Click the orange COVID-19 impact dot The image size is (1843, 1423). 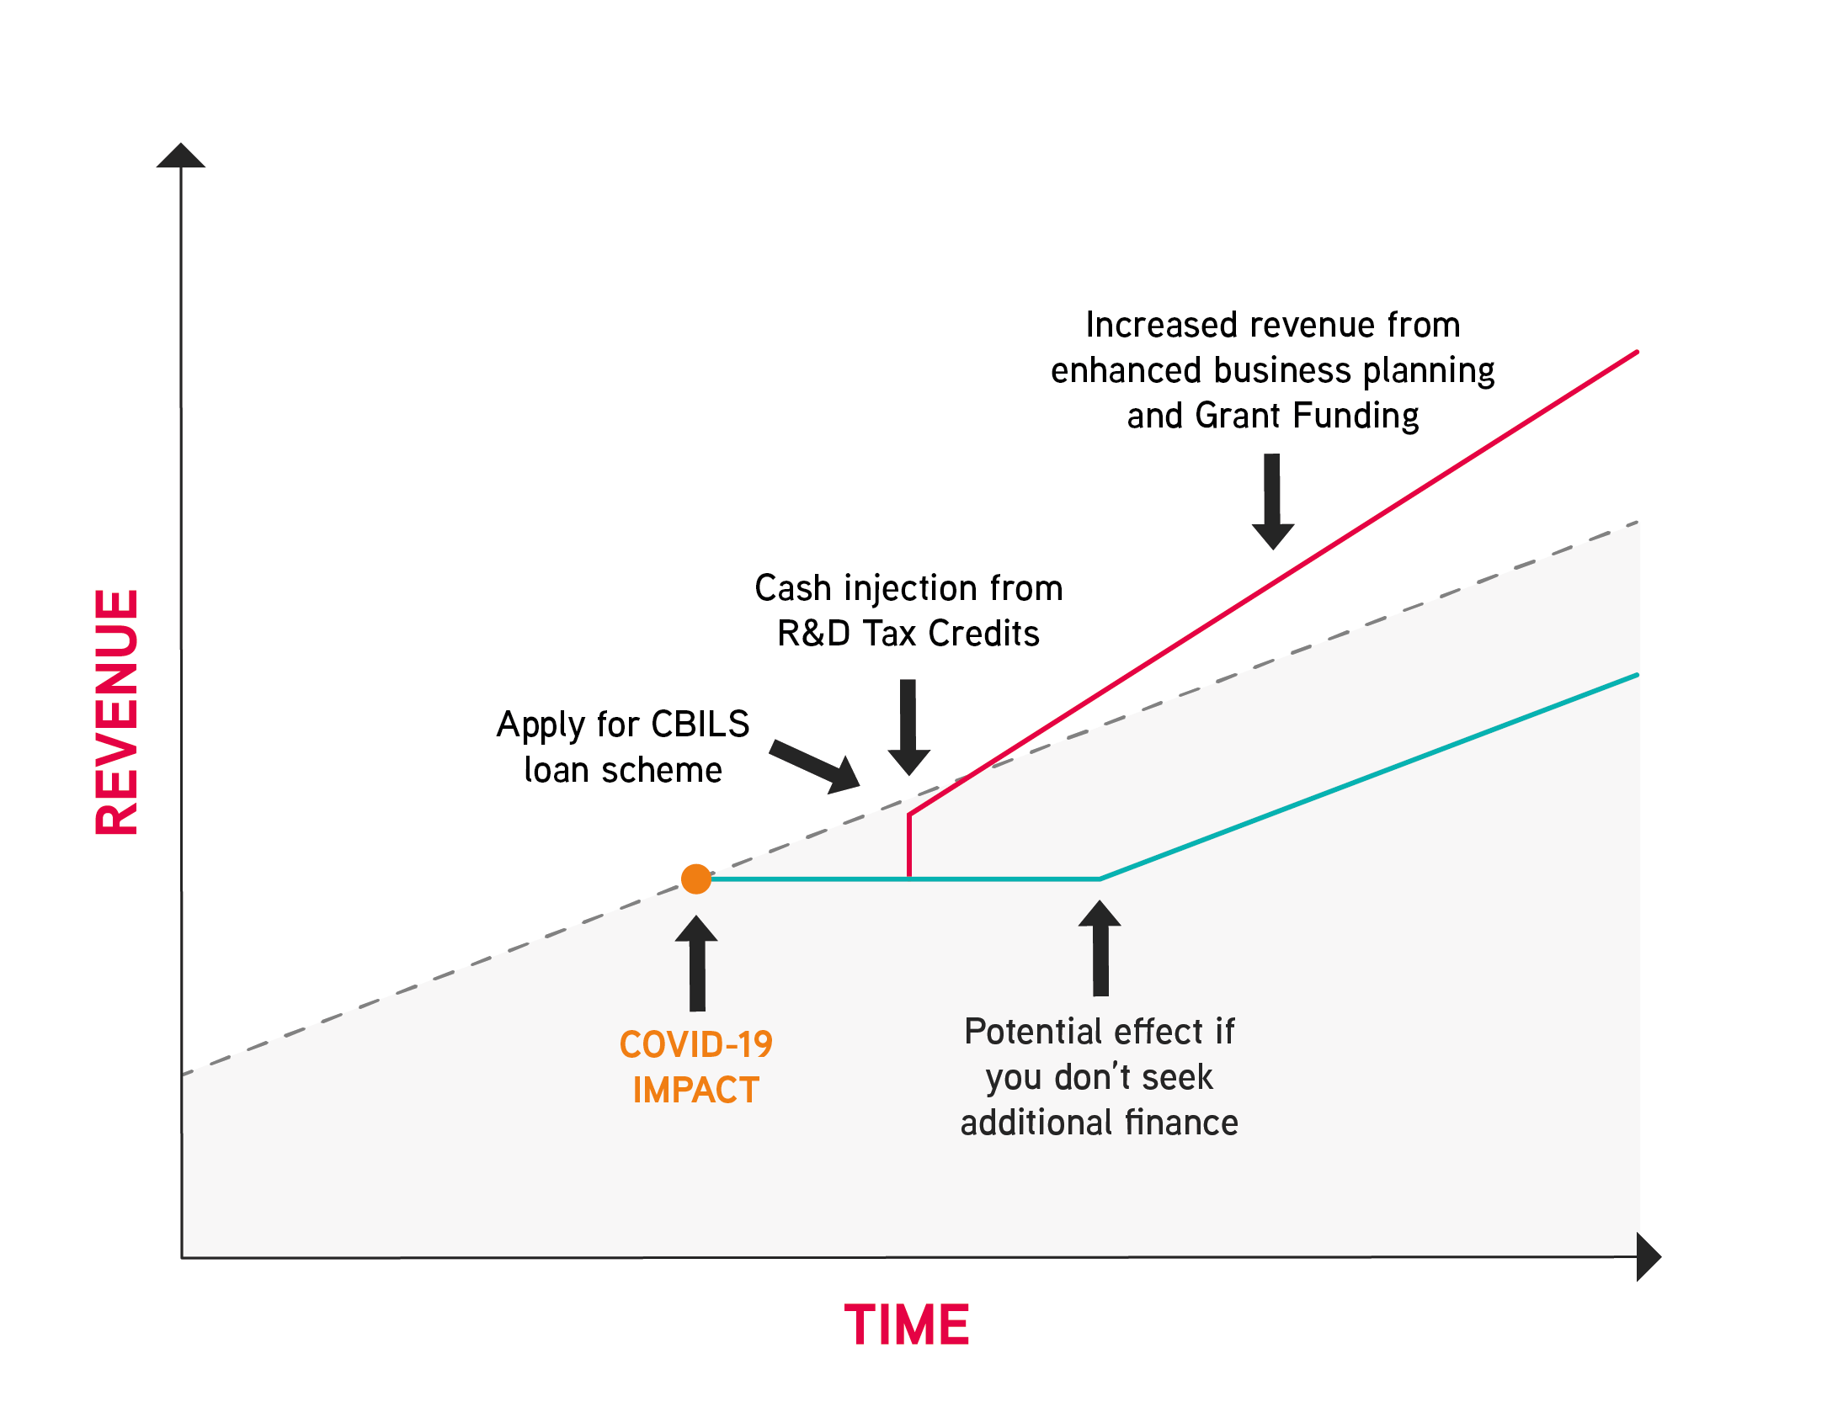(696, 879)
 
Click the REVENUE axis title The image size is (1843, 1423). (117, 712)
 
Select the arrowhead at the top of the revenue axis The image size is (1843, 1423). (180, 155)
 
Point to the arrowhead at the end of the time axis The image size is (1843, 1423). (1649, 1257)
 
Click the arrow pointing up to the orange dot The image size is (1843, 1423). (697, 964)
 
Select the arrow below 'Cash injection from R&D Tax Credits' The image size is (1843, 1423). (908, 727)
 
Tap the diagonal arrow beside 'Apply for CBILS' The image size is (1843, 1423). (815, 766)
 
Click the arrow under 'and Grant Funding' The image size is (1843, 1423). (1272, 502)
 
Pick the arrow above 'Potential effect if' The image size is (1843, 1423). (1100, 948)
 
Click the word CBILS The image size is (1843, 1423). (700, 725)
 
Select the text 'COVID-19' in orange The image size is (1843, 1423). (696, 1044)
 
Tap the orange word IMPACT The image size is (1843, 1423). (696, 1090)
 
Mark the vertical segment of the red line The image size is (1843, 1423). (908, 846)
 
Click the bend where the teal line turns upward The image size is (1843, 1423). (1100, 879)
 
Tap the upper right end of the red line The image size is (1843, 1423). (1637, 352)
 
